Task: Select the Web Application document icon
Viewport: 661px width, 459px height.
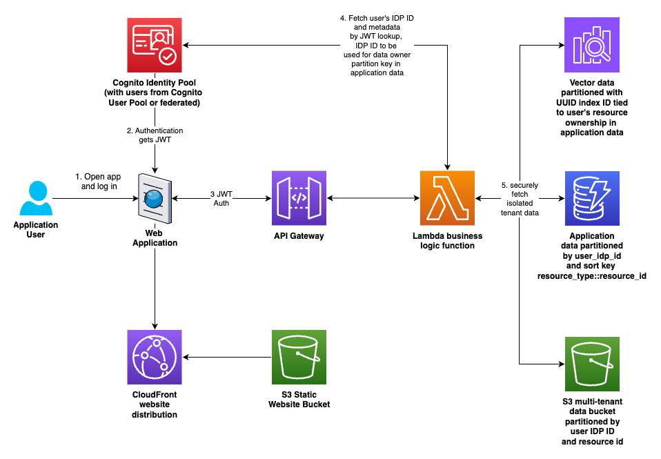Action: click(154, 199)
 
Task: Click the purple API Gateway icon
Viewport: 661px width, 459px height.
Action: click(299, 199)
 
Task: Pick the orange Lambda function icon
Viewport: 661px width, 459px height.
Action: click(448, 199)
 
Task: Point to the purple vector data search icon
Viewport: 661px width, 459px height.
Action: click(591, 45)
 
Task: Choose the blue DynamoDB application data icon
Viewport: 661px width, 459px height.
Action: click(591, 199)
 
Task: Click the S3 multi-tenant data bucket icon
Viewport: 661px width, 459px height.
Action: click(591, 364)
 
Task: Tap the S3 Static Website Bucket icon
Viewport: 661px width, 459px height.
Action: click(299, 357)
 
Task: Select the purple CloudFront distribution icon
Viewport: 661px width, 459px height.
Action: click(154, 357)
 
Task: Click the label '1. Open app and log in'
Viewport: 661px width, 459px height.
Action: click(98, 182)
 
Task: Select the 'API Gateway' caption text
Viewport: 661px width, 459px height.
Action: click(299, 236)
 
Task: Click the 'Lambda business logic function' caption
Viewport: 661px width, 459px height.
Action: click(448, 240)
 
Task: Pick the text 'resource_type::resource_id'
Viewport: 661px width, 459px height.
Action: click(591, 275)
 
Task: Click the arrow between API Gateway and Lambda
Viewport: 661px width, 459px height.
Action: click(373, 199)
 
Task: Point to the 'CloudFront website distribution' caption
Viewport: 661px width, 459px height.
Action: click(154, 404)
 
